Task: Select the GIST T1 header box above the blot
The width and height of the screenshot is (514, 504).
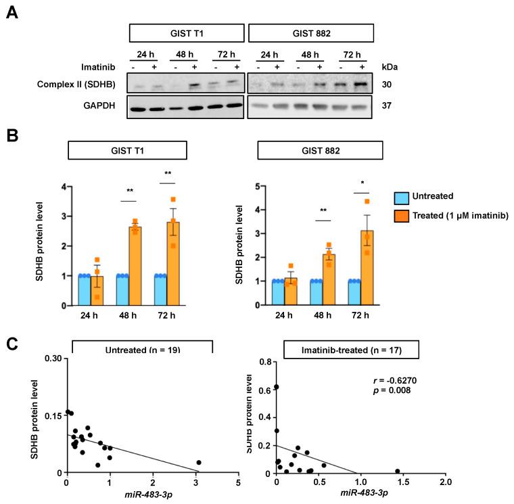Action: (x=186, y=33)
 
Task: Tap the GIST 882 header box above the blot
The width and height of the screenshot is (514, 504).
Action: (x=310, y=33)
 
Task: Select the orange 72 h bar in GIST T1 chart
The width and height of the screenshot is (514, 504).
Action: (x=173, y=264)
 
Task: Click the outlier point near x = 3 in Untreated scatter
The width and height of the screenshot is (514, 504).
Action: (x=199, y=463)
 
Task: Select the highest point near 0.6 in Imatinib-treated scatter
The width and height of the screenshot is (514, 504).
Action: (x=276, y=387)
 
